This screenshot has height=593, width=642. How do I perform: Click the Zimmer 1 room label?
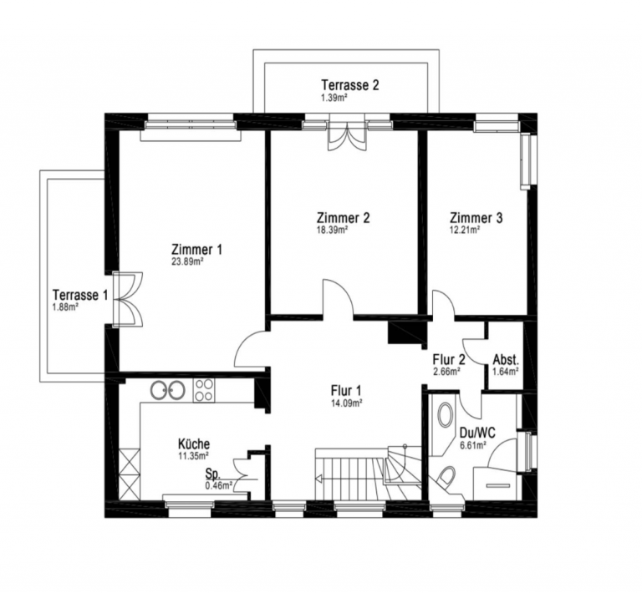point(197,249)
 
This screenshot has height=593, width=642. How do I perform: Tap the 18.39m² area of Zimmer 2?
point(333,230)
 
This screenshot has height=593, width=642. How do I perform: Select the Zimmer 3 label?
point(476,217)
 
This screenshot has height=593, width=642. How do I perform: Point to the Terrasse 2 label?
point(350,85)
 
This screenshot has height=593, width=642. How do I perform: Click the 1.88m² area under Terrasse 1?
point(65,307)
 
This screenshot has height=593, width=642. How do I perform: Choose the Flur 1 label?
point(346,391)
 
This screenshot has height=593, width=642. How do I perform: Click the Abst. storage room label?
point(506,360)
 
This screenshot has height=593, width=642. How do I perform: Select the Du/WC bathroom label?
point(477,433)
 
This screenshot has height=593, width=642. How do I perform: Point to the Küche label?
point(194,443)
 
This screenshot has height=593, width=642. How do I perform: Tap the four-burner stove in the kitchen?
point(203,390)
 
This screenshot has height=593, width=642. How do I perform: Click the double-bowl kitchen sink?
point(168,390)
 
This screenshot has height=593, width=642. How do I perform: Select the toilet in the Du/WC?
point(446,477)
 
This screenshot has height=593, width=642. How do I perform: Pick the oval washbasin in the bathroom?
point(445,414)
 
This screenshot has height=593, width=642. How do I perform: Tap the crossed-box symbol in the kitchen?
point(130,474)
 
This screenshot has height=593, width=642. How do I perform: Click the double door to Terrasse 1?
point(128,299)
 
